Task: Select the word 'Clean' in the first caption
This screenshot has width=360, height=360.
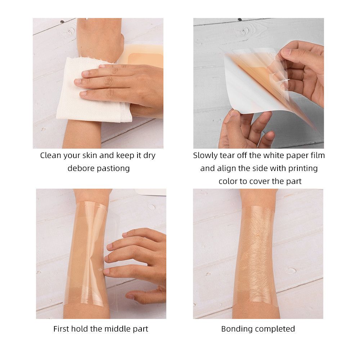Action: [x=50, y=156]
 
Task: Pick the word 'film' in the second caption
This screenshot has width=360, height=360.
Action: [x=318, y=156]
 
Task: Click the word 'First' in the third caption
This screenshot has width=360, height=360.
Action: [x=61, y=329]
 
